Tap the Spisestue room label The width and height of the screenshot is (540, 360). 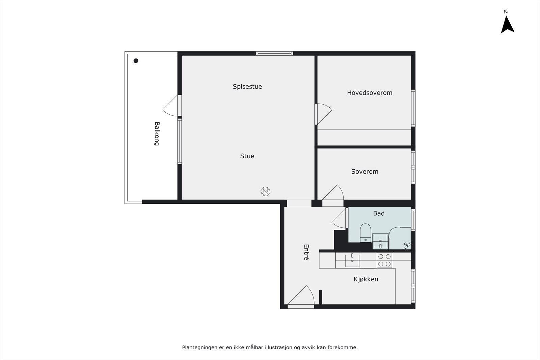[247, 86]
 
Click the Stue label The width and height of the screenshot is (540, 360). [247, 156]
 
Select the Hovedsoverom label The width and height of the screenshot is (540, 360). [370, 93]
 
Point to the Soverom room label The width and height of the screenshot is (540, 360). [364, 171]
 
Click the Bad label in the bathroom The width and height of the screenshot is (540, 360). [379, 213]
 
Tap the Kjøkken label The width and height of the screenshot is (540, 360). [366, 279]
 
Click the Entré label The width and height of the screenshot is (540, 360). [306, 252]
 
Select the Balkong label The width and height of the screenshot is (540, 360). [157, 134]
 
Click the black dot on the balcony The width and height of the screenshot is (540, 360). [136, 61]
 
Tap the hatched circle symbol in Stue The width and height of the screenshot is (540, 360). [266, 191]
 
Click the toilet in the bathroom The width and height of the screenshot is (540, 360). [365, 232]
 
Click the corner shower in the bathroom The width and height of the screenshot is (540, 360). [401, 239]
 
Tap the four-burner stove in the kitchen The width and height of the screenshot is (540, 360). [384, 260]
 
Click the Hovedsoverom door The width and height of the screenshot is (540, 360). [323, 114]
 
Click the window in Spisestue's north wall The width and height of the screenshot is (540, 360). [274, 53]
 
